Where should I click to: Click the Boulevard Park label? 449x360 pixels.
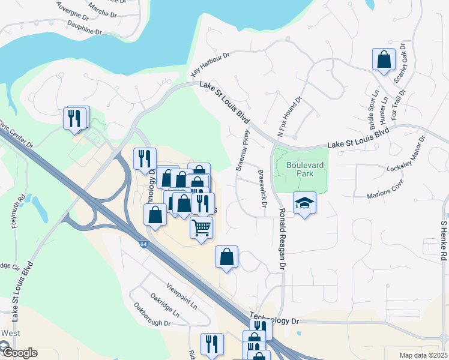(300, 168)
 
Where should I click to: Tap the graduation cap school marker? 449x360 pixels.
(304, 203)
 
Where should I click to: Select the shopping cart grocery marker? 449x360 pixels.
(202, 227)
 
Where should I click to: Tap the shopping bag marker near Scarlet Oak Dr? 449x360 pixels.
(384, 59)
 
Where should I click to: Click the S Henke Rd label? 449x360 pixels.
(444, 241)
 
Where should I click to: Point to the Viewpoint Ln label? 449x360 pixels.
(182, 296)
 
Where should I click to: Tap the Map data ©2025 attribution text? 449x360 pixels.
(423, 355)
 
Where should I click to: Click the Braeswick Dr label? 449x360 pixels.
(262, 188)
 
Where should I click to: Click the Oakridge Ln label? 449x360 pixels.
(164, 305)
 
